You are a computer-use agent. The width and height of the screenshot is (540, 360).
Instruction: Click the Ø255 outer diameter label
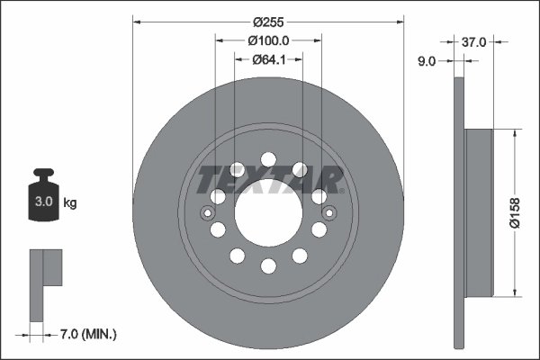[x=268, y=21]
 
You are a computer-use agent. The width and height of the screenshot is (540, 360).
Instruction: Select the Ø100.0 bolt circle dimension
[x=268, y=40]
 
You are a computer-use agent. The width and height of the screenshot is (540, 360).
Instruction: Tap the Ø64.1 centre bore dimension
[x=268, y=59]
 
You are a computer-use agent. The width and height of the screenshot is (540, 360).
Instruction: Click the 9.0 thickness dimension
[x=427, y=61]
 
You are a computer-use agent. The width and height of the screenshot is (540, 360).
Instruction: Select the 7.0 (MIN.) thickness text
[x=88, y=335]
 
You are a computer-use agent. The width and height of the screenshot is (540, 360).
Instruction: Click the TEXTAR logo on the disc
[x=270, y=180]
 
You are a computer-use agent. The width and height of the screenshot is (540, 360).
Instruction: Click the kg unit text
[x=70, y=203]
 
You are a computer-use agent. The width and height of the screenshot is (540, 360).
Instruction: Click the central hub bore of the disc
[x=268, y=212]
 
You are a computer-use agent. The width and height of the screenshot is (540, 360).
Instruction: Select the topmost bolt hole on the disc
[x=268, y=160]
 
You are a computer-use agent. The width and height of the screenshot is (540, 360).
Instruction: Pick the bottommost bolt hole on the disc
[x=268, y=265]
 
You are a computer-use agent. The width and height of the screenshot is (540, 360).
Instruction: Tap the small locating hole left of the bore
[x=207, y=212]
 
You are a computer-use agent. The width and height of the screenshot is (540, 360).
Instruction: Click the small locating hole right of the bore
[x=329, y=212]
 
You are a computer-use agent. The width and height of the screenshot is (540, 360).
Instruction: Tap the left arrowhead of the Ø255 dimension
[x=137, y=21]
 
